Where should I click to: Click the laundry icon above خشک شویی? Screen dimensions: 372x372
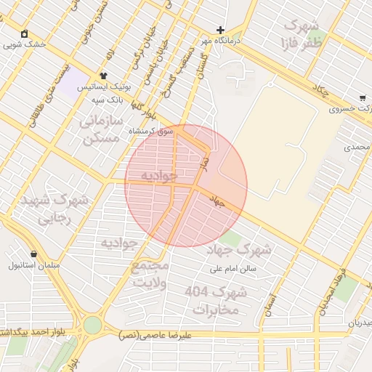pyautogui.click(x=25, y=33)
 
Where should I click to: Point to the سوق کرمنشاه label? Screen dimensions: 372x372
pyautogui.click(x=153, y=132)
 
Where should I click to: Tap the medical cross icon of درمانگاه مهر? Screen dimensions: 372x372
pyautogui.click(x=220, y=31)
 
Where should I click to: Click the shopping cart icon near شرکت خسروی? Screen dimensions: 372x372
pyautogui.click(x=362, y=98)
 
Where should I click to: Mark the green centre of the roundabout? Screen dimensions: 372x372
pyautogui.click(x=92, y=325)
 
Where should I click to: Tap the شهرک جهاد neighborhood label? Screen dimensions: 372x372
pyautogui.click(x=239, y=251)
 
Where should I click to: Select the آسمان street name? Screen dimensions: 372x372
pyautogui.click(x=272, y=299)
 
